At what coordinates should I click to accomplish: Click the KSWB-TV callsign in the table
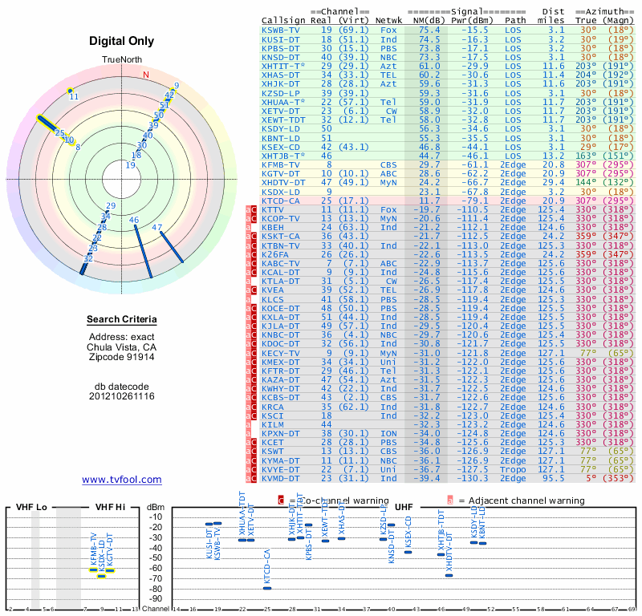tap(281, 30)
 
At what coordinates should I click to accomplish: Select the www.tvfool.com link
tap(122, 480)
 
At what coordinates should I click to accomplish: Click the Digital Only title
tap(122, 42)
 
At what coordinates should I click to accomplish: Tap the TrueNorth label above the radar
tap(121, 61)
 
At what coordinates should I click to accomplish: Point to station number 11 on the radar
tap(74, 96)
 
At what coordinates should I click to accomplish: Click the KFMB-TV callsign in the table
tap(281, 164)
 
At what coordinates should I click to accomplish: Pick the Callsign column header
tap(282, 20)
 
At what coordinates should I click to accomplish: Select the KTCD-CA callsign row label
tap(281, 200)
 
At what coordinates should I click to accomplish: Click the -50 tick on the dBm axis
tap(156, 558)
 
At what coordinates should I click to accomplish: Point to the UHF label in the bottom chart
tap(404, 507)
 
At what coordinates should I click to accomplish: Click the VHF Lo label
tap(33, 507)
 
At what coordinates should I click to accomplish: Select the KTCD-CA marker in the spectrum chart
tap(267, 588)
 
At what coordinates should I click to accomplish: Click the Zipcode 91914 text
tap(122, 358)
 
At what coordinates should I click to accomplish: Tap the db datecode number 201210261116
tap(122, 396)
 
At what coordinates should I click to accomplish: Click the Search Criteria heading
tap(122, 320)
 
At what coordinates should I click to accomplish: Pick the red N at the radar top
tap(145, 75)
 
